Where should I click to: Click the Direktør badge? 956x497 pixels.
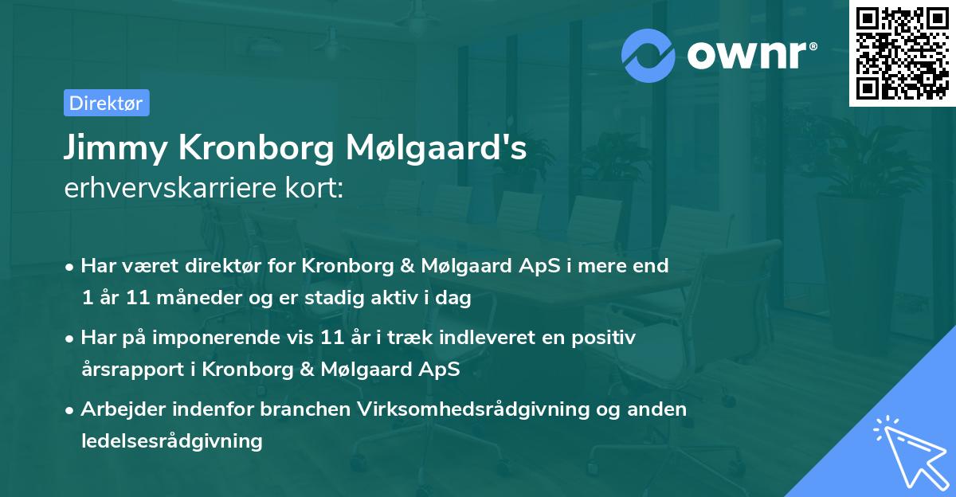(x=106, y=103)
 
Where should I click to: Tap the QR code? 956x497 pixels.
(x=901, y=53)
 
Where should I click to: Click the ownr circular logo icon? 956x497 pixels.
(x=648, y=55)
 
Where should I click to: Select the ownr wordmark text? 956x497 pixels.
(x=751, y=54)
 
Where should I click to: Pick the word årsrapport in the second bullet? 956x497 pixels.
(x=125, y=370)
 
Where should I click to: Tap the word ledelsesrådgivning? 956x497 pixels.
(x=172, y=440)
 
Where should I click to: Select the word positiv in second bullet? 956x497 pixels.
(x=606, y=338)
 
